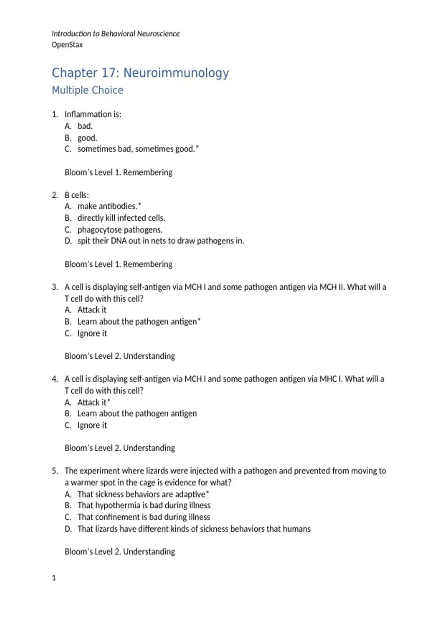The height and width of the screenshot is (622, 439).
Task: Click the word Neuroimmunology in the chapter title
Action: tap(176, 73)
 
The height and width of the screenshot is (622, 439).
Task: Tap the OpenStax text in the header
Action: tap(67, 45)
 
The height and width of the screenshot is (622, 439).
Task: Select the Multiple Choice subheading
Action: tap(87, 90)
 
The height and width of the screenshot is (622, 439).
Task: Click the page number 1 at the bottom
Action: tap(54, 578)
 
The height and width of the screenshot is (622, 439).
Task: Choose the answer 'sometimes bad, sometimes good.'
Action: tap(136, 149)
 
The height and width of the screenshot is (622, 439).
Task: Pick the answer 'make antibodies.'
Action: tap(107, 206)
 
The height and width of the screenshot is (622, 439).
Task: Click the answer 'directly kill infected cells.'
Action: tap(121, 218)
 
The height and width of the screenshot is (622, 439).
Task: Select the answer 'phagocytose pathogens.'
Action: tap(120, 230)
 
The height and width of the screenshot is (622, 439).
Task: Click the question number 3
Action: tap(55, 287)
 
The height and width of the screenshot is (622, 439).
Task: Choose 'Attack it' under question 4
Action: tap(92, 402)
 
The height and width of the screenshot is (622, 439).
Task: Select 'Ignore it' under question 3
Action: tap(92, 334)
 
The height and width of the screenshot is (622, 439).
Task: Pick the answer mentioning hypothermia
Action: tap(144, 505)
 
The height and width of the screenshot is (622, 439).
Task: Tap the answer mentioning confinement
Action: tap(143, 517)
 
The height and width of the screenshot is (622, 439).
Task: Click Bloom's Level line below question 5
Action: tap(120, 551)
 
